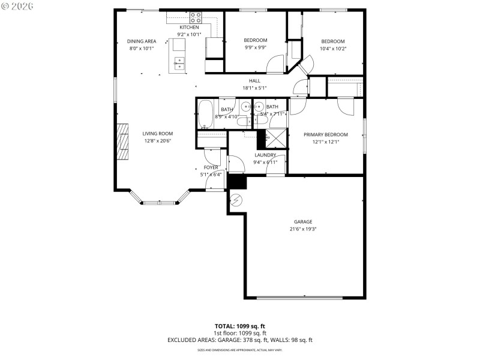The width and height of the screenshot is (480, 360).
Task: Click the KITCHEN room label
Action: click(x=190, y=28)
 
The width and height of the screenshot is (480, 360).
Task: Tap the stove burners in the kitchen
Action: click(x=196, y=18)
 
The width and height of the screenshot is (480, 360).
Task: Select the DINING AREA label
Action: click(x=142, y=41)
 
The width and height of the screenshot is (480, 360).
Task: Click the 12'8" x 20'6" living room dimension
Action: click(x=158, y=141)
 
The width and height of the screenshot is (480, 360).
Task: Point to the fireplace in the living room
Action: click(x=122, y=142)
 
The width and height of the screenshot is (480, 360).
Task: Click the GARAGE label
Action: click(x=303, y=222)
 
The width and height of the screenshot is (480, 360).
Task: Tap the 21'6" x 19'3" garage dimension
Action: click(x=303, y=229)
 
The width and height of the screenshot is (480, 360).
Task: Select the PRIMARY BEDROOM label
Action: click(x=325, y=135)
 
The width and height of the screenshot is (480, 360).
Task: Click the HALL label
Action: click(x=254, y=81)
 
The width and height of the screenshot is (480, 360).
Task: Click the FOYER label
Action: click(x=211, y=167)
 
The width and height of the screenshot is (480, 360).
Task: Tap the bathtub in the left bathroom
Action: click(x=205, y=115)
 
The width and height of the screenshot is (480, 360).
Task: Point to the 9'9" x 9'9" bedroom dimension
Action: click(x=255, y=47)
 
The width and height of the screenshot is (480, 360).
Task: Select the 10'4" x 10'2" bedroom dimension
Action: click(x=332, y=49)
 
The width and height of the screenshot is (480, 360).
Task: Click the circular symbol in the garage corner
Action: click(x=236, y=199)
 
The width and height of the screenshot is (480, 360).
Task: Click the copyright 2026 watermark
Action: click(x=18, y=6)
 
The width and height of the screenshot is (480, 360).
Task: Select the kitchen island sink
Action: click(x=179, y=63)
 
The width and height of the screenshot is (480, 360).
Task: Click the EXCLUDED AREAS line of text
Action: click(x=239, y=340)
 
